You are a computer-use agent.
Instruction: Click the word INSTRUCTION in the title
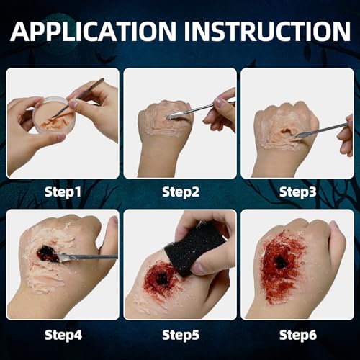(x=262, y=32)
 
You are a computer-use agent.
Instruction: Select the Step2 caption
(x=180, y=192)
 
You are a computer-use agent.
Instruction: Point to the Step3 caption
(x=297, y=192)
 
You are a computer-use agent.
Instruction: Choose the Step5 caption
(x=180, y=333)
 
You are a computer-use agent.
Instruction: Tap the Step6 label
(x=297, y=333)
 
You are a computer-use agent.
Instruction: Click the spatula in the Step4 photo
(x=86, y=256)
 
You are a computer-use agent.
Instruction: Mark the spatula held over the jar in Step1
(x=79, y=98)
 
